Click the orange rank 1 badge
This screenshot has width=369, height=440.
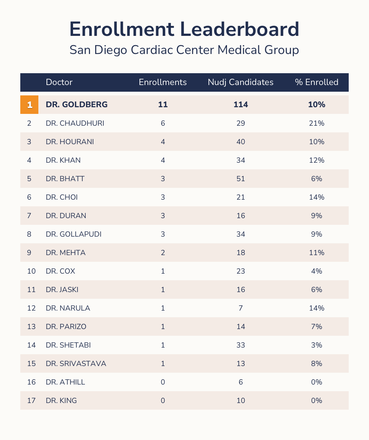coord(30,105)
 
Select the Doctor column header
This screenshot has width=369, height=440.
coord(59,82)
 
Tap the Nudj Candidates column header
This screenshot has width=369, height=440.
coord(241,82)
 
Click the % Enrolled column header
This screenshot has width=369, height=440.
coord(317,82)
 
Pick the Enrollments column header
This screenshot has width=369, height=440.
coord(163,82)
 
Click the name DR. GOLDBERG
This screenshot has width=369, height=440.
coord(77,105)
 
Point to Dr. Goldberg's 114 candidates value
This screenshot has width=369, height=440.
coord(241,105)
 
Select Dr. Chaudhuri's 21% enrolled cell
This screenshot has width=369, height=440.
coord(317,123)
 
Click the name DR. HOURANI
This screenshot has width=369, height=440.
coord(70,142)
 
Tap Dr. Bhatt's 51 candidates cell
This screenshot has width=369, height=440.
coord(241,179)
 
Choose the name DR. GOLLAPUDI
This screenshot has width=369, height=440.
coord(73,234)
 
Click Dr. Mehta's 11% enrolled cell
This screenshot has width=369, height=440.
coord(317,253)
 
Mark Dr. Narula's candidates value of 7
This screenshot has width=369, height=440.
coord(241,308)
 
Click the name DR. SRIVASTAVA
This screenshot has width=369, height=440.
coord(76,363)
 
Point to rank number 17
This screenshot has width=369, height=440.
coord(31,400)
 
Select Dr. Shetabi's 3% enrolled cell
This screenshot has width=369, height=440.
coord(317,345)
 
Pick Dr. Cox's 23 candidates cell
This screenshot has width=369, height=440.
coord(241,271)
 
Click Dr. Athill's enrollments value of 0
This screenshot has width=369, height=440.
coord(163,382)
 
